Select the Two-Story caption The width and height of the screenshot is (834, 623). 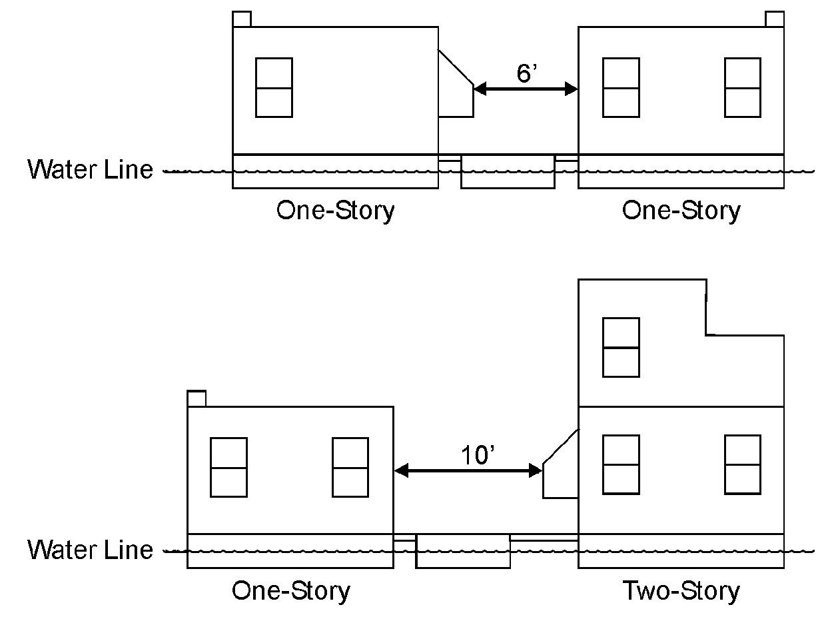pyautogui.click(x=681, y=591)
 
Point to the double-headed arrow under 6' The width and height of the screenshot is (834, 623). pyautogui.click(x=526, y=89)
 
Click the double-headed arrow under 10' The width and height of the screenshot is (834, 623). pyautogui.click(x=468, y=471)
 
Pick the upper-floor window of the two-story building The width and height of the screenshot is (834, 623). pyautogui.click(x=621, y=347)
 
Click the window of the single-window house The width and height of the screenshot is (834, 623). pyautogui.click(x=274, y=87)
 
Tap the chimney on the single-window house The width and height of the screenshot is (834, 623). pyautogui.click(x=242, y=19)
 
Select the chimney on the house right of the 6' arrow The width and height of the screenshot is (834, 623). pyautogui.click(x=774, y=19)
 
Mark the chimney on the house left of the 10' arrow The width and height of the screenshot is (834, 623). pyautogui.click(x=197, y=398)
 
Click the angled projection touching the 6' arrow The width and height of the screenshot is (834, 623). pyautogui.click(x=456, y=93)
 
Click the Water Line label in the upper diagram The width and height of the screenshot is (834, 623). pyautogui.click(x=91, y=169)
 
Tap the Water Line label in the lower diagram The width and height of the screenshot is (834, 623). pyautogui.click(x=91, y=550)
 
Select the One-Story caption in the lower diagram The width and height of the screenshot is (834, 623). pyautogui.click(x=290, y=591)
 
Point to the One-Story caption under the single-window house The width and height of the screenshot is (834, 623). pyautogui.click(x=335, y=211)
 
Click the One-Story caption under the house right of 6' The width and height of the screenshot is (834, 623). pyautogui.click(x=681, y=211)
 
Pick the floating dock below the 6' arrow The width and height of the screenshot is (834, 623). pyautogui.click(x=508, y=172)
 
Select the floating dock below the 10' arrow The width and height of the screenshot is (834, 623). pyautogui.click(x=463, y=552)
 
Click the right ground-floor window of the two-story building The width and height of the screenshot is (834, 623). pyautogui.click(x=743, y=464)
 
